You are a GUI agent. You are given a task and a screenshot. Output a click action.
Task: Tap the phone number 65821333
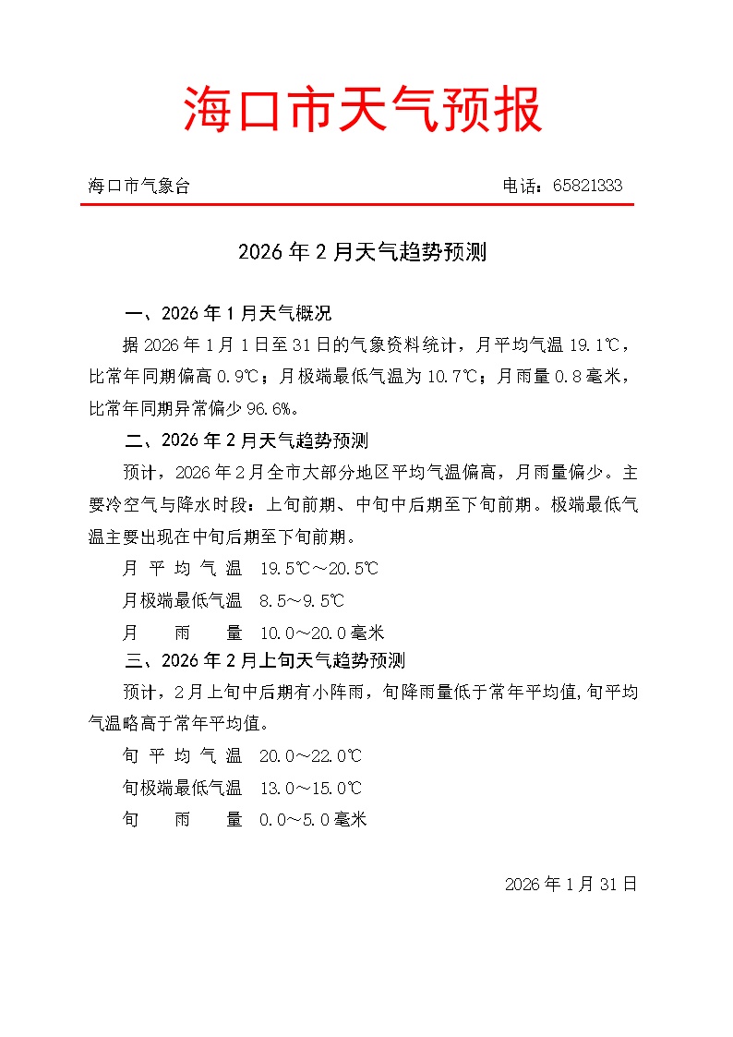click(587, 186)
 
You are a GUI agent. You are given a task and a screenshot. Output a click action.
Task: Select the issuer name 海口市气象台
click(139, 186)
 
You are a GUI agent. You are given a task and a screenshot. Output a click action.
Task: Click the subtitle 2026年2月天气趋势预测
click(362, 252)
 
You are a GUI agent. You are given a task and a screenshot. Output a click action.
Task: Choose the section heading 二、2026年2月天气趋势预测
click(246, 440)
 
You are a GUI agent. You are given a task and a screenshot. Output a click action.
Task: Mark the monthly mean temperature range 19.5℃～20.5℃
click(319, 569)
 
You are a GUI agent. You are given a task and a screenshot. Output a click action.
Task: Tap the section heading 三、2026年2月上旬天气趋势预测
click(265, 661)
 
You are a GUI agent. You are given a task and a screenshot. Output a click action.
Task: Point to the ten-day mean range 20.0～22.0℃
click(310, 756)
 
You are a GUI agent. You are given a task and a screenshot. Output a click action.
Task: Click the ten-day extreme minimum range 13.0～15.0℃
click(310, 788)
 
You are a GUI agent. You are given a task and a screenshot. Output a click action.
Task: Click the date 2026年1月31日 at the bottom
click(571, 884)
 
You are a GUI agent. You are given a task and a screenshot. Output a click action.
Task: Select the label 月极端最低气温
click(182, 601)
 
